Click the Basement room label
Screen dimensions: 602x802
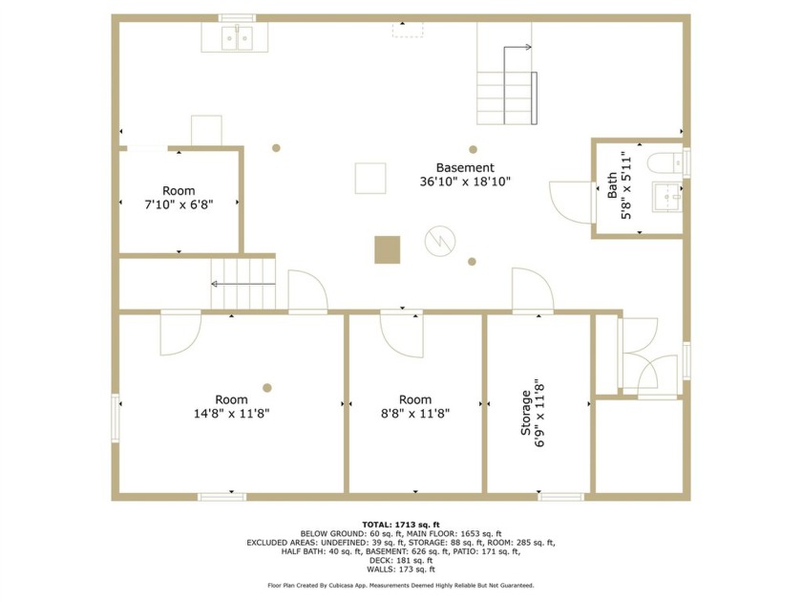click(465, 167)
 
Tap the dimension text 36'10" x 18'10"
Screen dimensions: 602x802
click(465, 182)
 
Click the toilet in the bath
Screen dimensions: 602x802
click(663, 162)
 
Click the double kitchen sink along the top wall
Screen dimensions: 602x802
click(235, 37)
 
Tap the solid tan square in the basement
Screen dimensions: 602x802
click(387, 249)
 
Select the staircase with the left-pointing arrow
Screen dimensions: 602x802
click(243, 284)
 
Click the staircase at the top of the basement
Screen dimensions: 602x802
click(506, 86)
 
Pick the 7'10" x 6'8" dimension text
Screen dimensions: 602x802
click(179, 204)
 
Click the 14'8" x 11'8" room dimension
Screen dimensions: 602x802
click(231, 414)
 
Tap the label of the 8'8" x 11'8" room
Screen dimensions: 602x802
click(415, 399)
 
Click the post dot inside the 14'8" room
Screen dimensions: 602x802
click(267, 387)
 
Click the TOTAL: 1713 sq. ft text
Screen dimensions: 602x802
click(401, 525)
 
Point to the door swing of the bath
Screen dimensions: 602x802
click(573, 202)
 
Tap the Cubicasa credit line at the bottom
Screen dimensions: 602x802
click(401, 585)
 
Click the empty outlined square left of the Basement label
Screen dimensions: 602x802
click(370, 178)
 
